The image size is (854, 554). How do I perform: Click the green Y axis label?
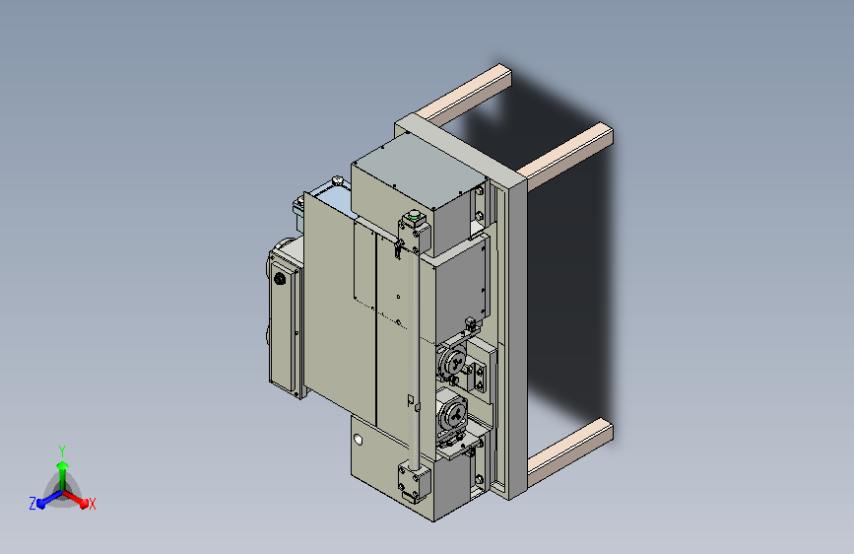point(61,450)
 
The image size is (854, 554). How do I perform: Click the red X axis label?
point(92,504)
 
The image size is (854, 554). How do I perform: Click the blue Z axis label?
point(33,504)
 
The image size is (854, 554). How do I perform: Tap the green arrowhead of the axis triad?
point(63,465)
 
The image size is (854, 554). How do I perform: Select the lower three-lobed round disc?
point(453,412)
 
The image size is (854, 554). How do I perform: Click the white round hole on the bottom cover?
point(358,439)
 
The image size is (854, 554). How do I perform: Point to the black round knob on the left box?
point(280,279)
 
